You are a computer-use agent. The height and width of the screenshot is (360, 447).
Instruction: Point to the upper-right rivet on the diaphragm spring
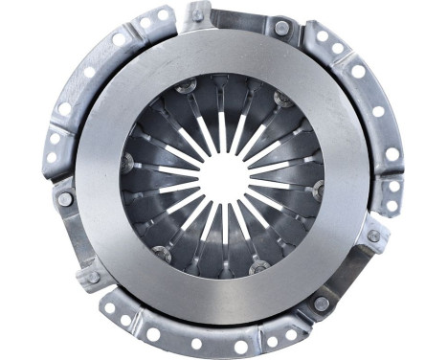pyautogui.click(x=282, y=100)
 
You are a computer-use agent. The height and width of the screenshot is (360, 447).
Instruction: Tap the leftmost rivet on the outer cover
pyautogui.click(x=64, y=200)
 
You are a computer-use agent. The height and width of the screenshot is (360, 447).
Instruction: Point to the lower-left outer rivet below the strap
pyautogui.click(x=93, y=277)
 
